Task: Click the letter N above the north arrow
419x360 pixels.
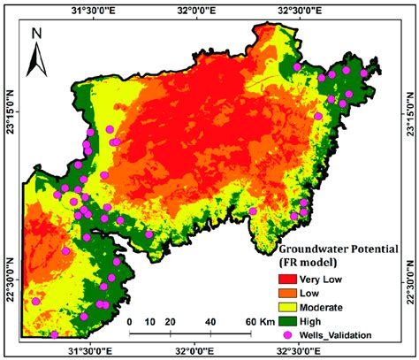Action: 37,34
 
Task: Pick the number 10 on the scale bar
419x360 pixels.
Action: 149,321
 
